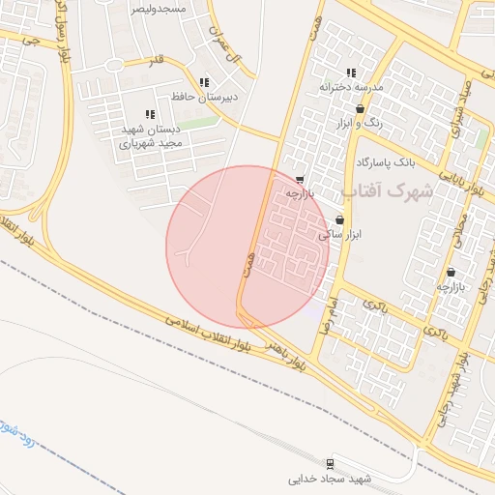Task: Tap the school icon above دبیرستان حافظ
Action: point(203,83)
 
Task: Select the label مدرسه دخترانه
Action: point(352,87)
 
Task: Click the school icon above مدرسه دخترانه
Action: point(351,73)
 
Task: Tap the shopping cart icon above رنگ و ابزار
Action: point(361,109)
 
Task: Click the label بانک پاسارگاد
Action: point(392,160)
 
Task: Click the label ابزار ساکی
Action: point(337,234)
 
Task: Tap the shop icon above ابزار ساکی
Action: point(339,220)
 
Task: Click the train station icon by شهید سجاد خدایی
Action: point(332,463)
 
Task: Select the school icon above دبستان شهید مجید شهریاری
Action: point(149,114)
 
